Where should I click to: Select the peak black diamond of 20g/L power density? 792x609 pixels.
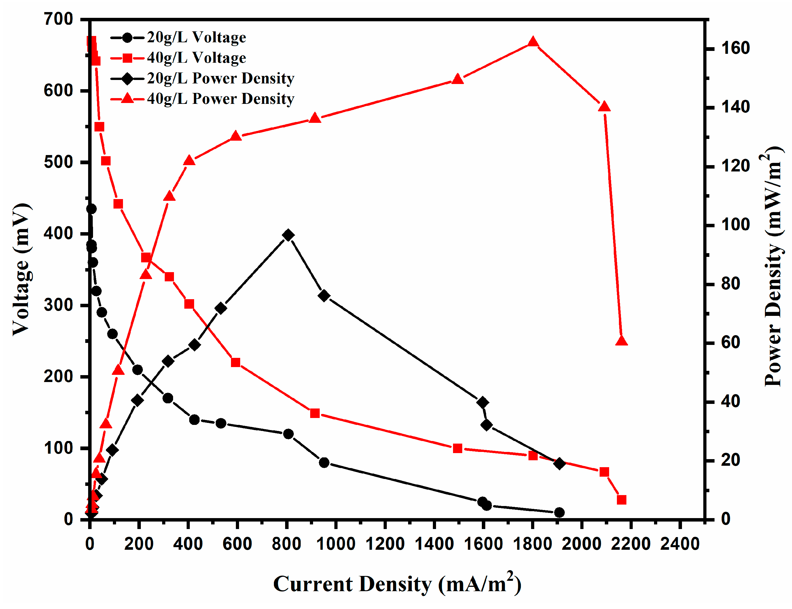pos(288,235)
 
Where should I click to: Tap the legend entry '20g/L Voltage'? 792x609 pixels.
pos(196,37)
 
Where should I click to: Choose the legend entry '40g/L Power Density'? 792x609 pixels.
pos(221,99)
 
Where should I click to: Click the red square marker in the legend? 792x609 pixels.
pos(127,58)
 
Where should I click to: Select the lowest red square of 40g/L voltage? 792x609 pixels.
pos(622,500)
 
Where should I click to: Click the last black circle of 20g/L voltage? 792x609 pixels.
pos(559,512)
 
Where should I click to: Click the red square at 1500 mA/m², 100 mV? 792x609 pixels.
pos(458,448)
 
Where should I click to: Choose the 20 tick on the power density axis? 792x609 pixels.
pos(730,461)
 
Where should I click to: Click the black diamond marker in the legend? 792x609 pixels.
pos(127,78)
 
